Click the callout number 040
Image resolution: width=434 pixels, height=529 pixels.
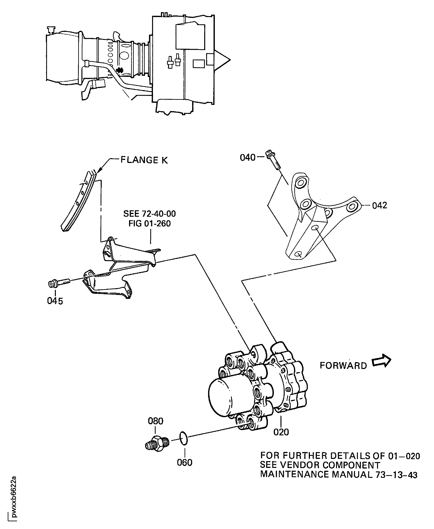tap(247, 158)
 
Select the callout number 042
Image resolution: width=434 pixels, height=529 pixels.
tap(379, 205)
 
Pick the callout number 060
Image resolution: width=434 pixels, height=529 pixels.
tap(185, 463)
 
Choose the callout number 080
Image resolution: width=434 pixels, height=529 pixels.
tap(155, 421)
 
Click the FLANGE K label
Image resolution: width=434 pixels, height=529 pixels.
tap(144, 160)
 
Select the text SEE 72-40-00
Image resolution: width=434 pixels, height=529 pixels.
tap(149, 214)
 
